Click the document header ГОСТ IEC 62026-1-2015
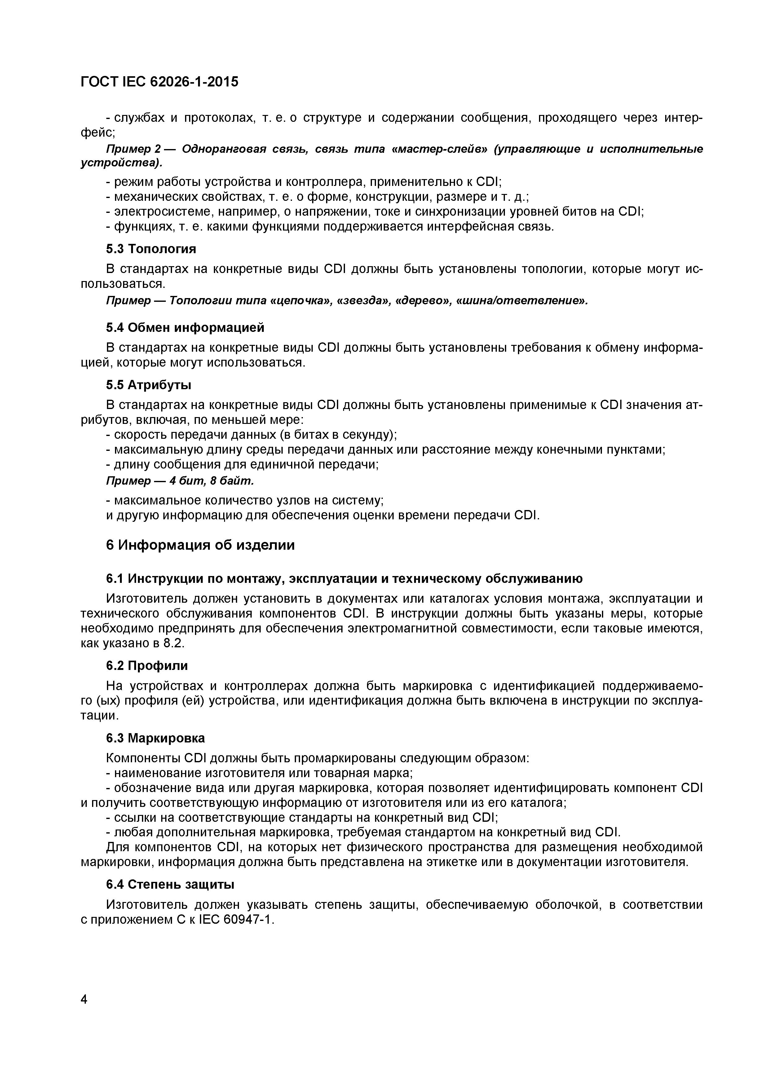160,82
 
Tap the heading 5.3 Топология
151,249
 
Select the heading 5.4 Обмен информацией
185,327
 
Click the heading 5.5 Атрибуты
149,385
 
